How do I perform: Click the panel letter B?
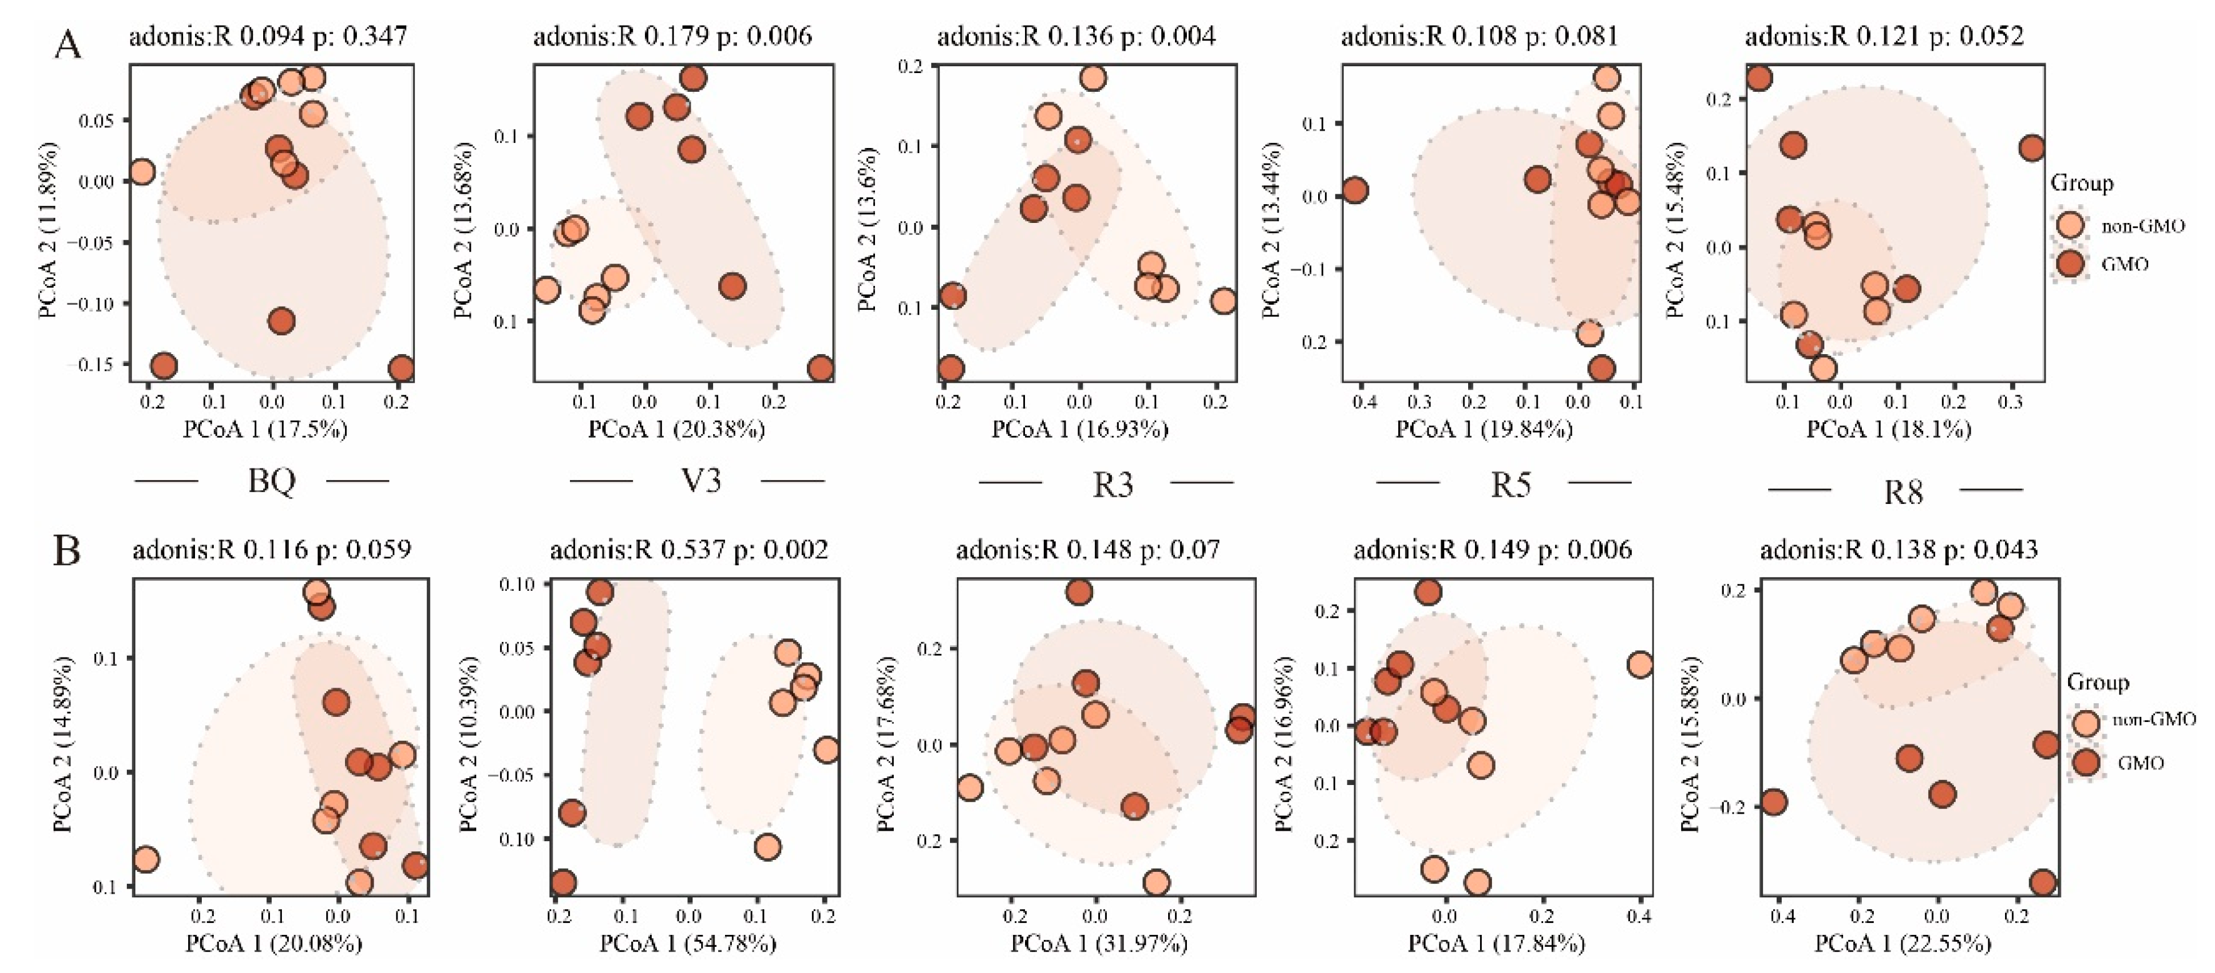coord(67,551)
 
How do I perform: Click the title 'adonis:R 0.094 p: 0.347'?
coord(267,36)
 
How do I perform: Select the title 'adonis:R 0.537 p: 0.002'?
coord(689,549)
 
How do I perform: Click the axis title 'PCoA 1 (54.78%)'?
coord(688,944)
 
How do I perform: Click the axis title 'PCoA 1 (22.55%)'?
coord(1903,944)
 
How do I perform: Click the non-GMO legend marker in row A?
coord(2071,225)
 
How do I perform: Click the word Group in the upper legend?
coord(2082,183)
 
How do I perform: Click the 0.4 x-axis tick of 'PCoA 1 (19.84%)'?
coord(1364,402)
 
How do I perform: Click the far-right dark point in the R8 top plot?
coord(2032,148)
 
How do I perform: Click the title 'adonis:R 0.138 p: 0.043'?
coord(1899,549)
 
